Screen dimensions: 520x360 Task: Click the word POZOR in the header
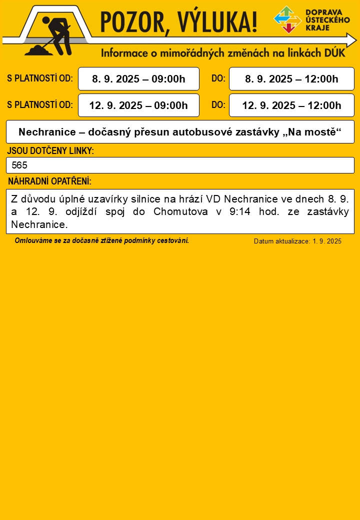tap(132, 22)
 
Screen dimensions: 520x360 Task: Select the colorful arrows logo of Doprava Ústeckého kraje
tap(287, 19)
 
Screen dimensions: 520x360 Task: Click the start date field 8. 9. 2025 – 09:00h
tap(138, 79)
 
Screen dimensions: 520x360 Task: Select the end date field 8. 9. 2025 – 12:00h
tap(291, 79)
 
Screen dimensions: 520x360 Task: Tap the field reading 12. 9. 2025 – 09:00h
tap(138, 105)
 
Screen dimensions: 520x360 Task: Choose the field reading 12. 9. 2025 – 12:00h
tap(291, 105)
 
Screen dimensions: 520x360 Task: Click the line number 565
tap(19, 165)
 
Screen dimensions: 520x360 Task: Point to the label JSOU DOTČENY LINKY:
tap(50, 150)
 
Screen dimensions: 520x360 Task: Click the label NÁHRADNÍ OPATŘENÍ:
tap(49, 181)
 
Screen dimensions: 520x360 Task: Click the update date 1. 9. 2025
tap(327, 241)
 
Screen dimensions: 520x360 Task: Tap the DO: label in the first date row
tap(218, 78)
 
